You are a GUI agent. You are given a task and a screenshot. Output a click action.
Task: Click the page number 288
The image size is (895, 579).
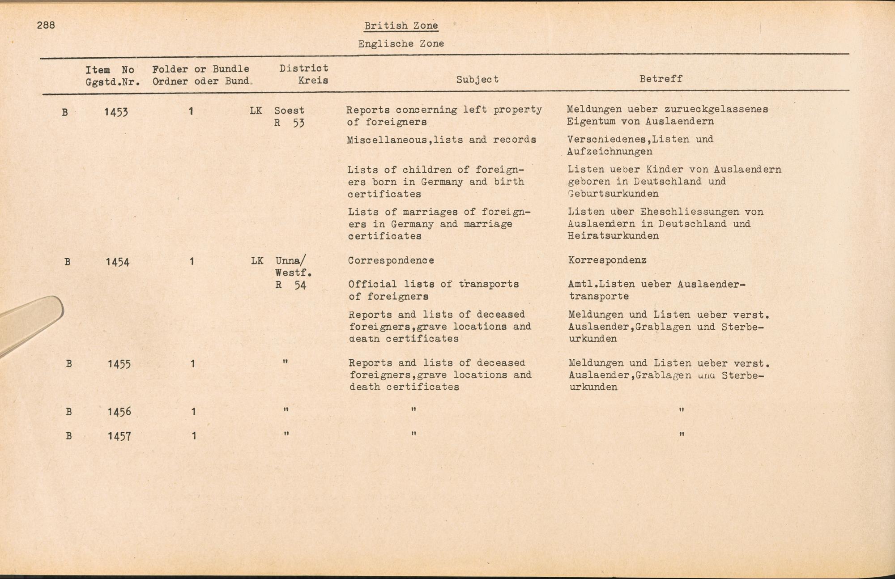click(46, 25)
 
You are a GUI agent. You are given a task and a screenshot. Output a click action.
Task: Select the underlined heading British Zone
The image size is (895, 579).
click(401, 26)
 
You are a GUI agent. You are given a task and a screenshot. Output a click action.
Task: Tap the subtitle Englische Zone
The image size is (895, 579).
click(401, 44)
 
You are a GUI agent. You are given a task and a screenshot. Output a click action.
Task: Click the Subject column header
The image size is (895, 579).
click(477, 80)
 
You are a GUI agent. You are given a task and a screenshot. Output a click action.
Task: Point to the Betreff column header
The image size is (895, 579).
click(661, 79)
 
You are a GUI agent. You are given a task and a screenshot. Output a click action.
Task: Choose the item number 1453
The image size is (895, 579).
click(116, 112)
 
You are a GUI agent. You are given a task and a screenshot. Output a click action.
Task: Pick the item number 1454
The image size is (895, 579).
click(117, 262)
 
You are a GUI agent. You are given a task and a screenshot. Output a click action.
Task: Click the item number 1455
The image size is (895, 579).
click(119, 364)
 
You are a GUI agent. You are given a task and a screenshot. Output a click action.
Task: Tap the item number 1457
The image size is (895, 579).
click(119, 436)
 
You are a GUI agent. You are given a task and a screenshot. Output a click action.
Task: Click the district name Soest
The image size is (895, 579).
click(289, 111)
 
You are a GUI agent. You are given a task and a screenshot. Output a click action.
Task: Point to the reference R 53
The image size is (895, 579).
click(289, 123)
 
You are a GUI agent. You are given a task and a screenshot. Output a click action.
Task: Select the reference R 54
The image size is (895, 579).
click(290, 285)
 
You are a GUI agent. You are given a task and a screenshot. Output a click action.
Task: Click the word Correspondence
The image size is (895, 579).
click(391, 260)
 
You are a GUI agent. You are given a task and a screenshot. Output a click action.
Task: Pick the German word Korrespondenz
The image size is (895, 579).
click(607, 260)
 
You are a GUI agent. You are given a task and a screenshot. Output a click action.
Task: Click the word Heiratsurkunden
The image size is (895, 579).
click(613, 236)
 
